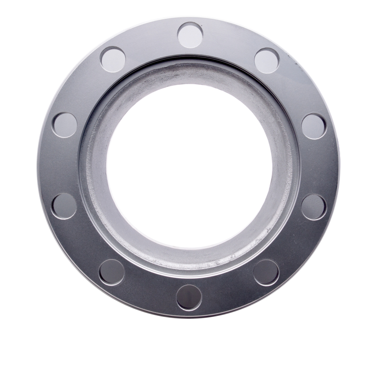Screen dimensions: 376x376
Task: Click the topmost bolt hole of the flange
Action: click(190, 35)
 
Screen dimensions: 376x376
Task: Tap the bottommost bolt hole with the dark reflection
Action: click(189, 297)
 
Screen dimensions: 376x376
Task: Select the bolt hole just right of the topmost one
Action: click(267, 61)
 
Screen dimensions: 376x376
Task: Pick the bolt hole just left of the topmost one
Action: click(113, 59)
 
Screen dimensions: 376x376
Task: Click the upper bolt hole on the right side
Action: click(314, 126)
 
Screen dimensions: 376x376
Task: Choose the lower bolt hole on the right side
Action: click(313, 207)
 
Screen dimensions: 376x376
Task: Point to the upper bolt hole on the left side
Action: click(65, 125)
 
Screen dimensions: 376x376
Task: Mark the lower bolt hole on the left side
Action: click(64, 206)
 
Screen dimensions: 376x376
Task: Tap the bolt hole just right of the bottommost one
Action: click(266, 272)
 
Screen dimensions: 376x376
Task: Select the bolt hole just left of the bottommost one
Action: click(112, 272)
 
